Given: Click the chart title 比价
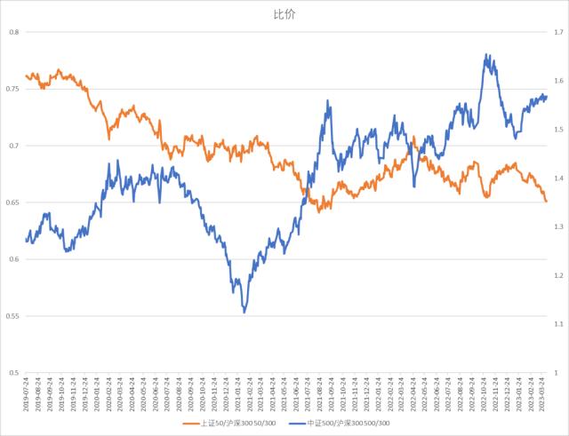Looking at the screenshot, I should [x=284, y=15].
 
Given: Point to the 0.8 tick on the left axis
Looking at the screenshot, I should [x=13, y=33].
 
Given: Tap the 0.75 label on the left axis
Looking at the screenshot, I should [x=12, y=90].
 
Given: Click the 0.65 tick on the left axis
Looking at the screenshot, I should [x=12, y=203].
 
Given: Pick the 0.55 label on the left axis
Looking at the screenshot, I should [x=12, y=316].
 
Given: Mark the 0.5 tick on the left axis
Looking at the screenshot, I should [x=13, y=373].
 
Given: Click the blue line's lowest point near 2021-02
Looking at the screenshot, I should [x=244, y=313].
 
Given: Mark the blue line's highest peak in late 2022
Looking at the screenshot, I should [x=486, y=54].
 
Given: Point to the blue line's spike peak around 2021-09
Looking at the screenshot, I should [x=328, y=101].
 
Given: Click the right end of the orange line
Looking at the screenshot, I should [x=546, y=202].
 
